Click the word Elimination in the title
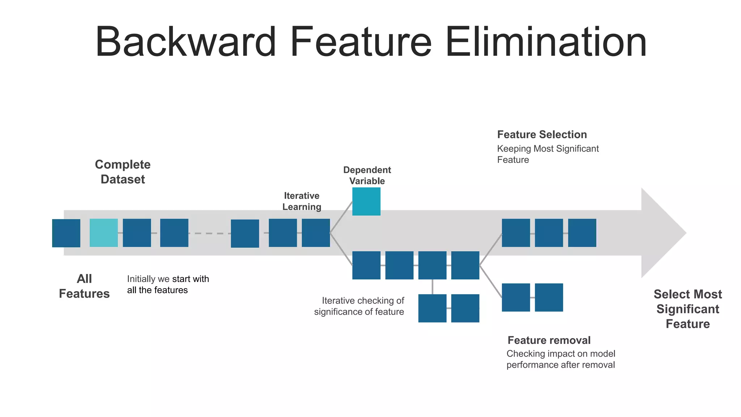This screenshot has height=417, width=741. (x=546, y=42)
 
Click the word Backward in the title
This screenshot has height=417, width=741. (x=186, y=42)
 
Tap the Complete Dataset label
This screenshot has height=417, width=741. (x=123, y=172)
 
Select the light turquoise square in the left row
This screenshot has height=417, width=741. (x=104, y=233)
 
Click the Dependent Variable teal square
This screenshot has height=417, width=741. (x=366, y=201)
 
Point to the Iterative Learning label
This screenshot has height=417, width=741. (x=302, y=201)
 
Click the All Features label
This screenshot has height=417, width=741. (x=84, y=286)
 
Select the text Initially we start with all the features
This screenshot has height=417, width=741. (x=168, y=285)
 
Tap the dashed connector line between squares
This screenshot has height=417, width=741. (x=209, y=233)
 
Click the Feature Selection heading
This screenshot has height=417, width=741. (x=542, y=135)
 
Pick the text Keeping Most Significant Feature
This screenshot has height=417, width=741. (x=547, y=154)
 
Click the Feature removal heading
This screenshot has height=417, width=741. (x=549, y=340)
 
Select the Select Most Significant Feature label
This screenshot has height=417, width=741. (x=687, y=309)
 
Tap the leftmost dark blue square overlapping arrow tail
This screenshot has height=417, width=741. (x=66, y=233)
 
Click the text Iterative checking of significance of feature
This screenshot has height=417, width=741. (x=359, y=306)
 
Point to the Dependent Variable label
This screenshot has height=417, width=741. (x=367, y=176)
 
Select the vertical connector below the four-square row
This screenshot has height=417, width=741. (x=432, y=287)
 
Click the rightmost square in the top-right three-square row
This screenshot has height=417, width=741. (x=582, y=233)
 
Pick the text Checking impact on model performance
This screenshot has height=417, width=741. (x=560, y=359)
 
